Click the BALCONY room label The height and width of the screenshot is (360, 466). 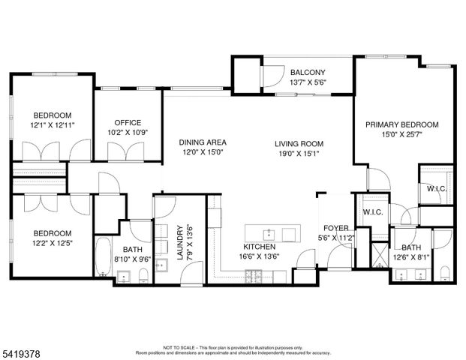(x=308, y=73)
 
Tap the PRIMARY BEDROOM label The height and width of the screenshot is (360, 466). (x=401, y=125)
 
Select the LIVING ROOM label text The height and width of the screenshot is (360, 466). (x=298, y=142)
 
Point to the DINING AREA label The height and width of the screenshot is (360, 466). (x=202, y=142)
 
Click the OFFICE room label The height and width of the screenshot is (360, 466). (x=128, y=123)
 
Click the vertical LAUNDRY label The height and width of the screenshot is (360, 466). (x=179, y=242)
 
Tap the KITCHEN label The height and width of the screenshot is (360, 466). (x=259, y=246)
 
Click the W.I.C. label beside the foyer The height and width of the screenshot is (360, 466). (x=373, y=212)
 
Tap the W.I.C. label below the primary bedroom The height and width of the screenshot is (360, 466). (x=437, y=188)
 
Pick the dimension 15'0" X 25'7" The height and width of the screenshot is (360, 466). (x=401, y=135)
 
